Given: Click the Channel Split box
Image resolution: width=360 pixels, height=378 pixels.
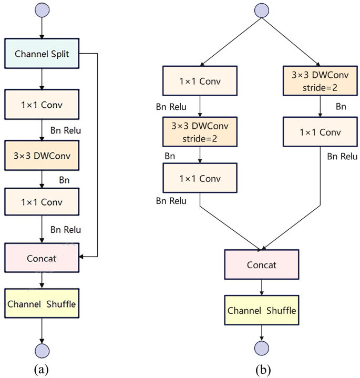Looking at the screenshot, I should pos(42,53).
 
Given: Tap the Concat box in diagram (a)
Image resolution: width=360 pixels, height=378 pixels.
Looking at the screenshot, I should pos(42,258).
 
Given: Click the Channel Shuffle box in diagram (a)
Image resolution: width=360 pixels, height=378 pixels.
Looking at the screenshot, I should pos(42,303).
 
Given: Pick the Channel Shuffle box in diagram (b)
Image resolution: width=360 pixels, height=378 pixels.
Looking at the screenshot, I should pos(262,310).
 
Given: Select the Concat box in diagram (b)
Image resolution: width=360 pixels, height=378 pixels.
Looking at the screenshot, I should pos(262,264).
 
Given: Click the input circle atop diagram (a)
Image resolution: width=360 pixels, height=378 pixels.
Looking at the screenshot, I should pos(42,9).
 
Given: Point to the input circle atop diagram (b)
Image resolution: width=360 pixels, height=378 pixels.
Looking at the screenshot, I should pos(262,9).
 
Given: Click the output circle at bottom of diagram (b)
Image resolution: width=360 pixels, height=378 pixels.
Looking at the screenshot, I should pos(262,348).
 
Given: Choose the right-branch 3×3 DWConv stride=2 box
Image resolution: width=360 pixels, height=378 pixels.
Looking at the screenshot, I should pos(320,81).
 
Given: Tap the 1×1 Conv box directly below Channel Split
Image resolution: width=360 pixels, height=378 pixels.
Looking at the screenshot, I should pos(42,104).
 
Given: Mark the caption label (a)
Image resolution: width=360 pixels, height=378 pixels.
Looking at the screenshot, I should pos(42,370).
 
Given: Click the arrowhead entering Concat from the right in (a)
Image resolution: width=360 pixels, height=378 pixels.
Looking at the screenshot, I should pos(81,257).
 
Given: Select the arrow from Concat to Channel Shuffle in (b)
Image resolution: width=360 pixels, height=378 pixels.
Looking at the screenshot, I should pos(262,287).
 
